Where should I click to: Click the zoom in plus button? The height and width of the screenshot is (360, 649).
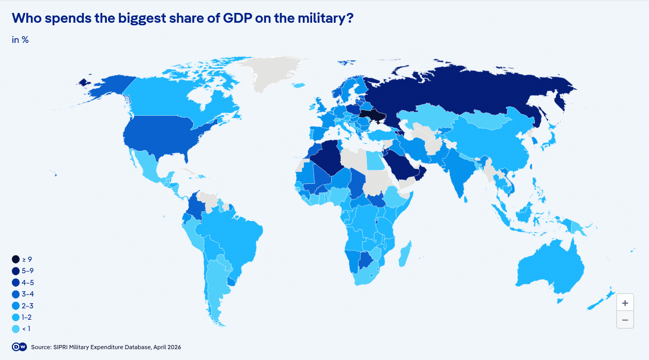point(625,303)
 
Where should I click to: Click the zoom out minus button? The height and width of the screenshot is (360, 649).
point(625,320)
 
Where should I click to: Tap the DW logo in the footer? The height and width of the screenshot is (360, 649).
point(19,347)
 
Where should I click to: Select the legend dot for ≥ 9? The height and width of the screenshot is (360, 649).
point(16,259)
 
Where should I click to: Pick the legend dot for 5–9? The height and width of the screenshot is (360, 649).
point(16,271)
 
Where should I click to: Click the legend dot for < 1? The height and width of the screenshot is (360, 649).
point(16,329)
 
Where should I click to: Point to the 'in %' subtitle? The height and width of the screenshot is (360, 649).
point(20,40)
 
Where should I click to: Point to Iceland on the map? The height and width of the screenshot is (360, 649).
point(298,86)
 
